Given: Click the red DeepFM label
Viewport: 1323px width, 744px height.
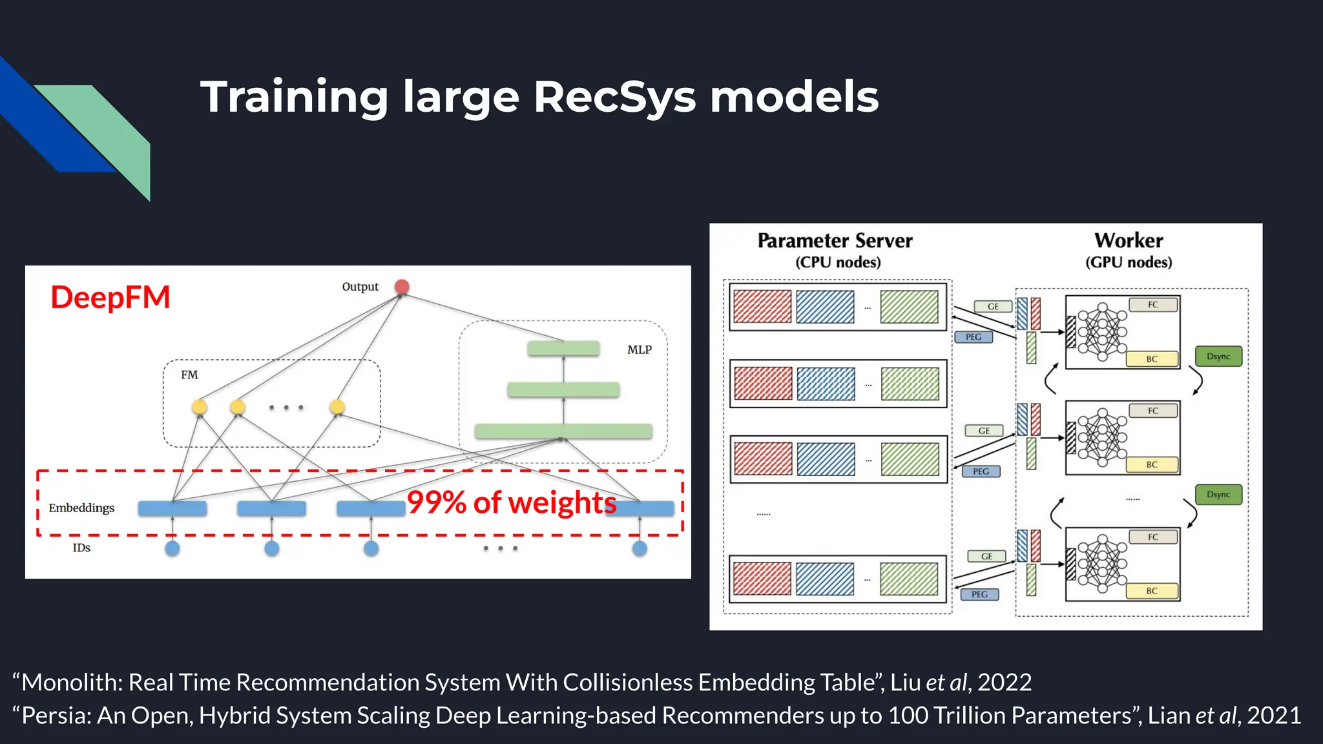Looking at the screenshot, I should (110, 298).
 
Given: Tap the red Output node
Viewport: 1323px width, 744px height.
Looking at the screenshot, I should (402, 286).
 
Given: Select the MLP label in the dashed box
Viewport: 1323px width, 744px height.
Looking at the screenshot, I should (639, 349).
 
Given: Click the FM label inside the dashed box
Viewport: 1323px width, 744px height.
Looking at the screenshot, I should (189, 375).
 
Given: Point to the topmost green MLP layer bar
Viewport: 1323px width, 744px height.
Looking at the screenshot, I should (563, 349).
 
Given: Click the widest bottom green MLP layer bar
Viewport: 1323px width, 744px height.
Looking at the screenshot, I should (563, 431).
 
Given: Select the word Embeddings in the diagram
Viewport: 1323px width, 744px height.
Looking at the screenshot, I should (81, 508).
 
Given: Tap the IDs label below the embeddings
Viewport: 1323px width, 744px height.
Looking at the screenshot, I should (81, 548).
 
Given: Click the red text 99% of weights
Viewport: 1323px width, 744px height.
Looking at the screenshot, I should (511, 502).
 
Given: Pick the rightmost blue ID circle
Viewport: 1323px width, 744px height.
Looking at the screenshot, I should (640, 548).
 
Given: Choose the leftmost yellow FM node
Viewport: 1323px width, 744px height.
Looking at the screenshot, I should (200, 406).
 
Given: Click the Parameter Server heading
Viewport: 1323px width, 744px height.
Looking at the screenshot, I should (835, 241).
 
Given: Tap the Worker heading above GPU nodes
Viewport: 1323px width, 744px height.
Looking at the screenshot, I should (1129, 241).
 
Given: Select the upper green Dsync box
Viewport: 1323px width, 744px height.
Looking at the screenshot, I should (1218, 356).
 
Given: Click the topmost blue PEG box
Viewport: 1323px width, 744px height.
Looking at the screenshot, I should (974, 337).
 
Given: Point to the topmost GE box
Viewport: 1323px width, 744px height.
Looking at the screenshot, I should (993, 307).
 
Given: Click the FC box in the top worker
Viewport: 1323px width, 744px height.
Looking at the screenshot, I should (1153, 305).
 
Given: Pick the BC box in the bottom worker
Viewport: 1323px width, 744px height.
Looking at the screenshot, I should (1152, 591).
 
